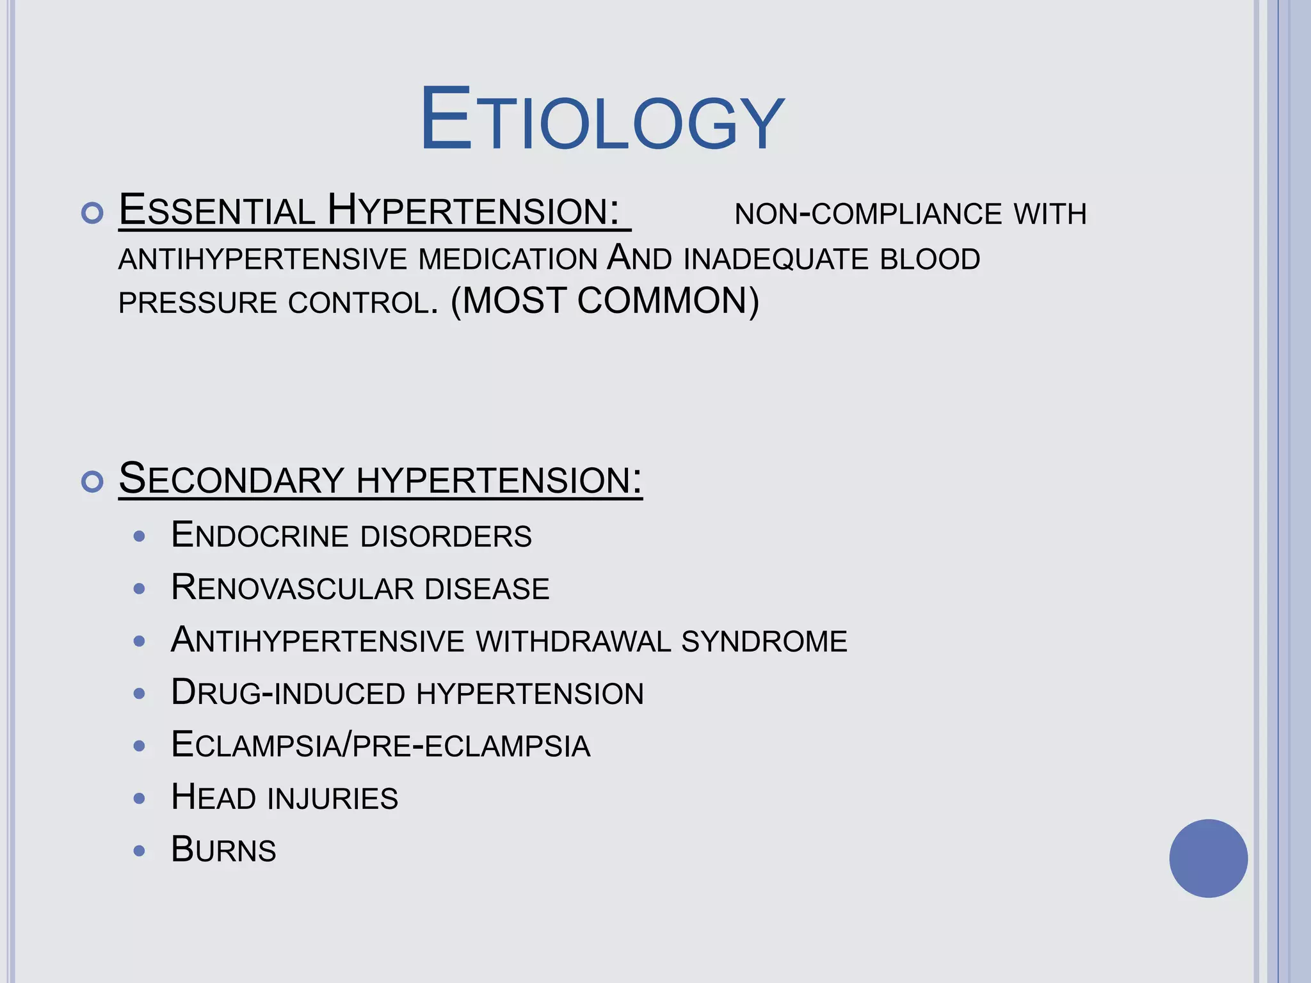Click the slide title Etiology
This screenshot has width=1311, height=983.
click(602, 120)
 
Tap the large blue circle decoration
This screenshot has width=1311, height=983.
click(1208, 858)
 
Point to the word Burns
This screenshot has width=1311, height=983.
click(223, 850)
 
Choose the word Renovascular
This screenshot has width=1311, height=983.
click(293, 587)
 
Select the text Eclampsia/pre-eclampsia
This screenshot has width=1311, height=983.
click(380, 746)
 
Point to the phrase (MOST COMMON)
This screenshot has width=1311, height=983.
click(605, 301)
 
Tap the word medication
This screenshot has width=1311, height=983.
click(508, 259)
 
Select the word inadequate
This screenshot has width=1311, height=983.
click(776, 259)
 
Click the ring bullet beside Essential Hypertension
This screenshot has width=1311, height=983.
click(93, 213)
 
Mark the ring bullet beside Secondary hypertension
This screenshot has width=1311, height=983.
click(93, 481)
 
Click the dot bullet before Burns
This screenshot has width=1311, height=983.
click(140, 851)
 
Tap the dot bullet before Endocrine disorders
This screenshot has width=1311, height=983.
click(140, 536)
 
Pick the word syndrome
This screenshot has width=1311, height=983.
click(764, 641)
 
